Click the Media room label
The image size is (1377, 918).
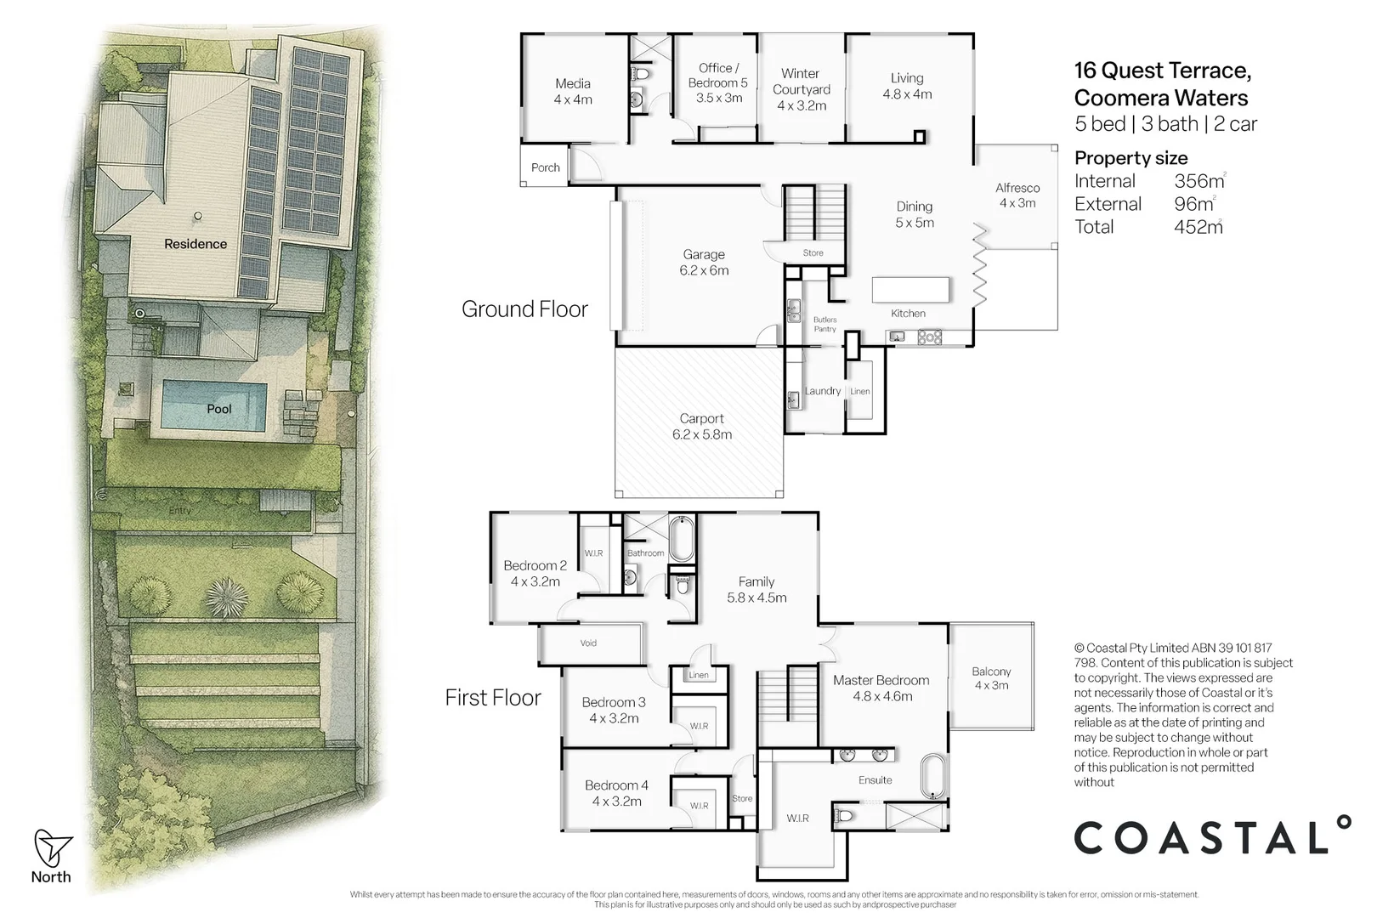coord(573,91)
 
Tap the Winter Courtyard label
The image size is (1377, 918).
coord(801,89)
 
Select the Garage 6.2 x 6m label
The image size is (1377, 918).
coord(704,262)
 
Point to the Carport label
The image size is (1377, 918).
coord(701,426)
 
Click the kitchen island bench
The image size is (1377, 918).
coord(909,289)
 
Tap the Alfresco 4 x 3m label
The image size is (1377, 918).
coord(1017,195)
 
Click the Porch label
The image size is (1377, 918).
coord(545,167)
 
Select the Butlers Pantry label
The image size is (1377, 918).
coord(824,324)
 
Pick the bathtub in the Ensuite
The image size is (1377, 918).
coord(932,774)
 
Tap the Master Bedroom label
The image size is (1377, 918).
coord(881,688)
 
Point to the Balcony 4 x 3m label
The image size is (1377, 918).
coord(991,677)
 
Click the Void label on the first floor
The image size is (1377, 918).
coord(588,643)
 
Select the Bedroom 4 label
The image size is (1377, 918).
coord(616,792)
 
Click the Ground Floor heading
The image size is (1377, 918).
coord(524,309)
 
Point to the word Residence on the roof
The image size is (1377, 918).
coord(195,244)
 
